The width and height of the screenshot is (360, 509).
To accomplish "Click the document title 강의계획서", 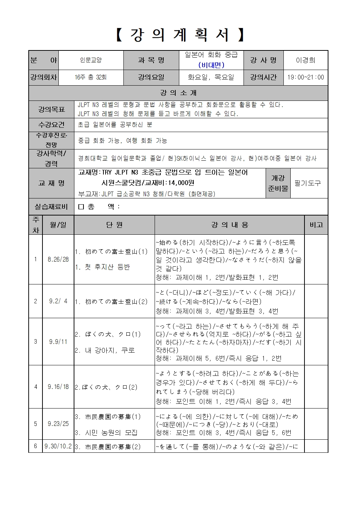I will point(180,35).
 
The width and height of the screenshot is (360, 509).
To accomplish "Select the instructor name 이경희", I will point(306,60).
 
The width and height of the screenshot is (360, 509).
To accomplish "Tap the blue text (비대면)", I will point(211,65).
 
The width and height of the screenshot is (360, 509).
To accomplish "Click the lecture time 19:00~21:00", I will point(306,77).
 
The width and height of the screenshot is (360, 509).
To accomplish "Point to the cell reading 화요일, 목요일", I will point(211,77).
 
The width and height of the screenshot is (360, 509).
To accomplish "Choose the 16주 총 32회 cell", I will point(91,77).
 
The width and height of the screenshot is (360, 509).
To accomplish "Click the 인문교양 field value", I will point(91,60).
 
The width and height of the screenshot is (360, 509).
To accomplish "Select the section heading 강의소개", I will point(178,93).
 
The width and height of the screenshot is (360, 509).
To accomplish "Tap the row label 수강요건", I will point(51,125).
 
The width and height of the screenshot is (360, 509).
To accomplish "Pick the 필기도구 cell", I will point(308,183).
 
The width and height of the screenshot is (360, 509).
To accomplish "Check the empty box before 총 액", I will point(81,207).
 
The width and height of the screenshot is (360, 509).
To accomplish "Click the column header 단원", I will point(114,225).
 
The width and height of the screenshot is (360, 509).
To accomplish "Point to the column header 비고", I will point(316,225).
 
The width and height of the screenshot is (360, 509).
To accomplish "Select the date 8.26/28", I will point(58,259).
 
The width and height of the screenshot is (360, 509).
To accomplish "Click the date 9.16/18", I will point(58,387).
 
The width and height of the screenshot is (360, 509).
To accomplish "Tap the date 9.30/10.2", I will point(58,446).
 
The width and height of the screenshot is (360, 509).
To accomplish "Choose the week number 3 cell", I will point(36,341).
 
